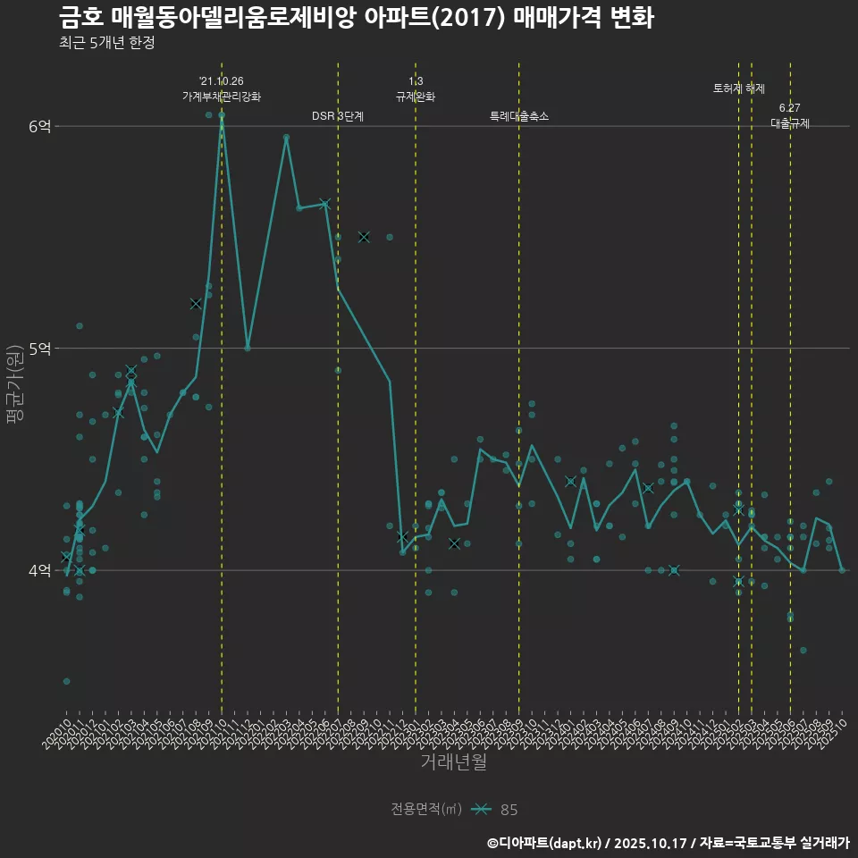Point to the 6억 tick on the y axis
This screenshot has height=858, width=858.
click(39, 127)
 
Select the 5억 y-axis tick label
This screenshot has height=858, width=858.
click(39, 349)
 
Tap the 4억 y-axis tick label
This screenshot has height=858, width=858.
click(39, 570)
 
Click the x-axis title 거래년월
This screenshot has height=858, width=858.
click(453, 762)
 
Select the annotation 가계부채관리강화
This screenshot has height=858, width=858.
click(222, 97)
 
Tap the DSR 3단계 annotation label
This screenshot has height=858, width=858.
click(338, 116)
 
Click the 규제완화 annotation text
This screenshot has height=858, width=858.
click(416, 97)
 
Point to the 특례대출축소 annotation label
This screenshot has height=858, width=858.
click(519, 116)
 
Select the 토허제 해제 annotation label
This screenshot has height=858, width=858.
click(739, 88)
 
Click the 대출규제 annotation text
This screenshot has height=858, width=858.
click(790, 124)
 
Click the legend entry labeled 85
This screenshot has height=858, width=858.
click(508, 810)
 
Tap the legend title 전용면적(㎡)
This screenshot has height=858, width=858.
click(426, 810)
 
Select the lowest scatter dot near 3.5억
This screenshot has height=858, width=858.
click(66, 681)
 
